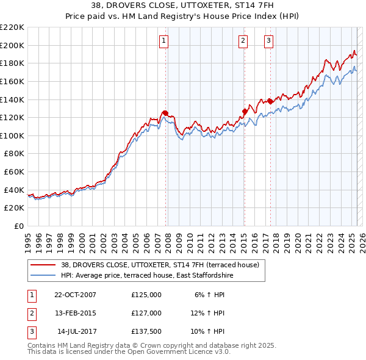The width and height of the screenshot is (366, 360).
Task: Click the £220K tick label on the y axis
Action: [12, 27]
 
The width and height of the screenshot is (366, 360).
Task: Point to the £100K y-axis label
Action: [12, 135]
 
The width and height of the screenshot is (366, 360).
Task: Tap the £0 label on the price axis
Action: [18, 226]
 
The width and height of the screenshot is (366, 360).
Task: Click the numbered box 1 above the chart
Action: [164, 41]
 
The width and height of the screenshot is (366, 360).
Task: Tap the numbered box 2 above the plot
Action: [243, 41]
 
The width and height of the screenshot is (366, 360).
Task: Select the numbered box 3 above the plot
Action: [268, 41]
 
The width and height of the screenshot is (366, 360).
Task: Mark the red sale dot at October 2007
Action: [165, 113]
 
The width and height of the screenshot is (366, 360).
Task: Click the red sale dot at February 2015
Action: [244, 111]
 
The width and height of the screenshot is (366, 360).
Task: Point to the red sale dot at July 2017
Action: [270, 101]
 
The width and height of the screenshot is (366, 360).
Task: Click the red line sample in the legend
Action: [44, 265]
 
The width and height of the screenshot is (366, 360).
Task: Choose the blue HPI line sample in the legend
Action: [44, 275]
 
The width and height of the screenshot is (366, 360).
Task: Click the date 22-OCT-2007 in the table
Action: [75, 294]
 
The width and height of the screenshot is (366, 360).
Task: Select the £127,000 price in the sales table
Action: [146, 313]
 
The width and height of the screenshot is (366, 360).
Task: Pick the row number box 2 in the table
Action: [32, 313]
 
